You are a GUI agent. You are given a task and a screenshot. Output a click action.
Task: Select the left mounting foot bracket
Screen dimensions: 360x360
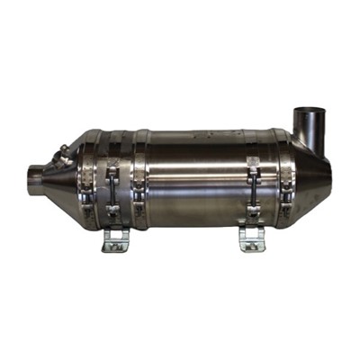(x=115, y=239)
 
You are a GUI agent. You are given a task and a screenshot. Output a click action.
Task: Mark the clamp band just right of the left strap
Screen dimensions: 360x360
(x=140, y=180)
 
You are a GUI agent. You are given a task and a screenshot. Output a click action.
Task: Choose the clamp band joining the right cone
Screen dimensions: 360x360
(x=286, y=180)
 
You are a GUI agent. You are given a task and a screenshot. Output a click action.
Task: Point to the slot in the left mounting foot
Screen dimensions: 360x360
(x=115, y=244)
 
